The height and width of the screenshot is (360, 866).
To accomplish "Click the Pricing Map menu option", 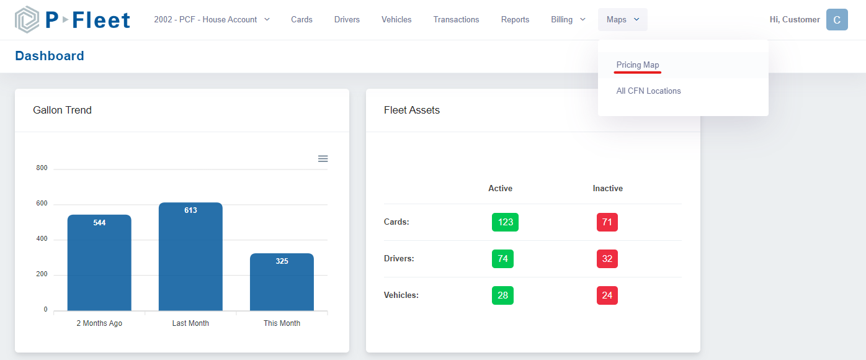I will pos(638,65).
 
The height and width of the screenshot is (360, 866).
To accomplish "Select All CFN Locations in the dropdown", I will pos(648,91).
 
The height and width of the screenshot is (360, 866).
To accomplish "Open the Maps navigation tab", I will pos(622,20).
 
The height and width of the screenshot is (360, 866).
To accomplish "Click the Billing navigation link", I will pos(568,20).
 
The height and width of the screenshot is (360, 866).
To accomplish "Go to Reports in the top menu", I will pos(515,20).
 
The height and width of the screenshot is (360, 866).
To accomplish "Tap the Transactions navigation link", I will pos(456,20).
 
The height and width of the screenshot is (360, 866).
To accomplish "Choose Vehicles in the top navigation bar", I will pos(396,20).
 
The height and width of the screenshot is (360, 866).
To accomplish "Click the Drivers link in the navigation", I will pos(347,20).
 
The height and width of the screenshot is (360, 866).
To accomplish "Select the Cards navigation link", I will pos(301,20).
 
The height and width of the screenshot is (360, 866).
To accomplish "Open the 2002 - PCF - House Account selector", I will pos(212,20).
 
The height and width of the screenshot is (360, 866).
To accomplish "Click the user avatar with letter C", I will pos(837,20).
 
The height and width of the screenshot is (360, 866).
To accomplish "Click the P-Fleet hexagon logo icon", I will pos(27,20).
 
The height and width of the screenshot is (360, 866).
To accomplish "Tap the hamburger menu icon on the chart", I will pos(323,159).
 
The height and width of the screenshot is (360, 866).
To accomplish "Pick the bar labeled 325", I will pos(282,282).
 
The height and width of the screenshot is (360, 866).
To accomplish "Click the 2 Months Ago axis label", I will pos(99,323).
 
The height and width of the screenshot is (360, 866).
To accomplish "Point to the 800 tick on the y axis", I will pos(42,168).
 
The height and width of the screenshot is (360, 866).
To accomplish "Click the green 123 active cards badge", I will pos(505,222).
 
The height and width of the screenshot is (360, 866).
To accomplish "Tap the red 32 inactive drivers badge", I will pos(607,259).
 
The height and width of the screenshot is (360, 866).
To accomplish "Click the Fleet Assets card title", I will pos(412,110).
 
